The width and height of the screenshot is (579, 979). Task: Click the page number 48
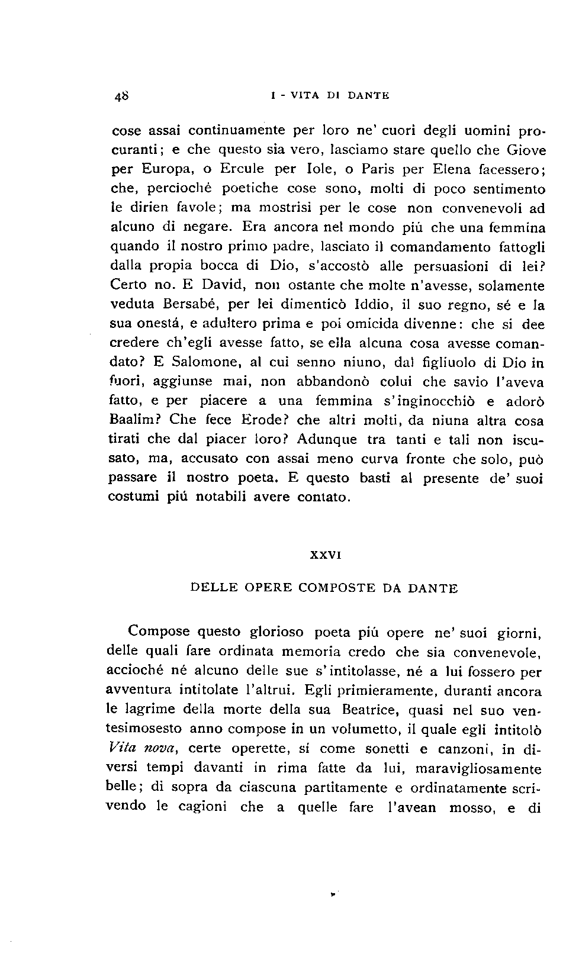[123, 95]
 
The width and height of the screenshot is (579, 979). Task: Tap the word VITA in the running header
[304, 95]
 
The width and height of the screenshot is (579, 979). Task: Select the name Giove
[526, 150]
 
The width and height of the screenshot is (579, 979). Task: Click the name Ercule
[242, 169]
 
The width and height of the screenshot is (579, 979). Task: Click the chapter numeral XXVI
[325, 556]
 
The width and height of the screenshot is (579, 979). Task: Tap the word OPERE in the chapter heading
[265, 588]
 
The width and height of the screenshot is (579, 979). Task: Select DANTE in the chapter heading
[433, 588]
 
